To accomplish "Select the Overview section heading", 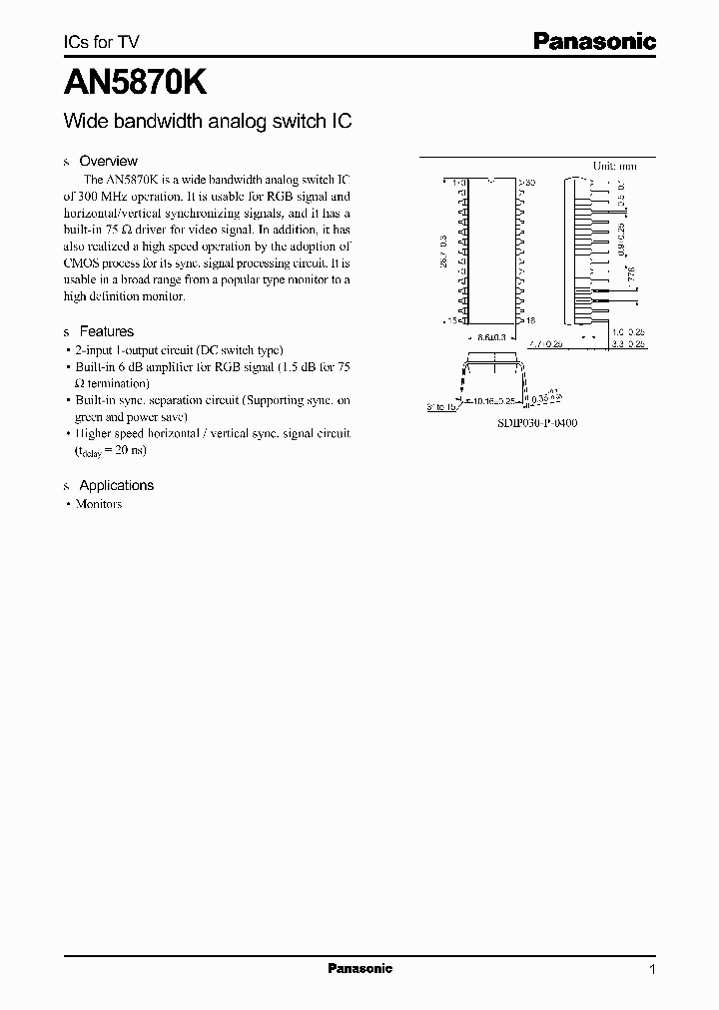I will [x=108, y=161].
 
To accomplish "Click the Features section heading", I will [x=106, y=331].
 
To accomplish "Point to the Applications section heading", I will [x=116, y=485].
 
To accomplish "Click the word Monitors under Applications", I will [x=99, y=504].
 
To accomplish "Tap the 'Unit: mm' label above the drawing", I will [x=614, y=166].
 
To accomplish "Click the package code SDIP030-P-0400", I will [x=537, y=423].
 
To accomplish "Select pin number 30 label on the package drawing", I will [x=529, y=183].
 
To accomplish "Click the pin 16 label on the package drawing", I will [x=528, y=321].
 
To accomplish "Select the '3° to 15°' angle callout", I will [x=440, y=407].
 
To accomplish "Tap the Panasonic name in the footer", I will [x=359, y=968].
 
